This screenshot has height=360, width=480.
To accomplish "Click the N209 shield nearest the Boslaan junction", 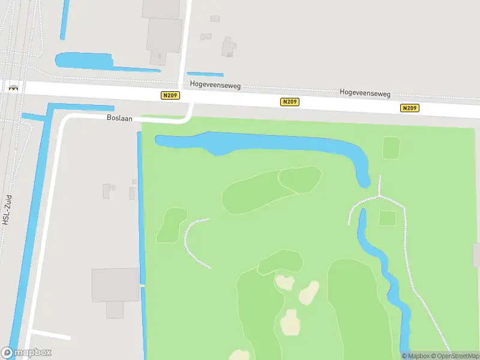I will [170, 95].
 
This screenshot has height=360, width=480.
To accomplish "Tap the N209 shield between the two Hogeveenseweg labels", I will [289, 102].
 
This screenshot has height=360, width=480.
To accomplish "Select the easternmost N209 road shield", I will [410, 108].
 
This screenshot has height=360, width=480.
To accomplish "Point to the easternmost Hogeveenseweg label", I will [365, 93].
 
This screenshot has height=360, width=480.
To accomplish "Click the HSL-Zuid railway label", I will [8, 208].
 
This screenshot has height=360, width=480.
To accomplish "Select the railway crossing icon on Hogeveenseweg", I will [13, 88].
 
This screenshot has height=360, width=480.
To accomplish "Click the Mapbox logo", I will [26, 353].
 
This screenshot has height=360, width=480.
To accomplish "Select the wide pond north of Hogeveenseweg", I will [83, 60].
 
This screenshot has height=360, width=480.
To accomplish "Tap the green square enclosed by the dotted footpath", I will [388, 218].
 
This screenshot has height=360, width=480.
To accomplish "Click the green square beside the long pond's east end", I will [391, 148].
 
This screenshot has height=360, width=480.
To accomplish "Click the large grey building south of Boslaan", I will [115, 285].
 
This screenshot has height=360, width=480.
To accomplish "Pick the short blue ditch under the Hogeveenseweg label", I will [205, 74].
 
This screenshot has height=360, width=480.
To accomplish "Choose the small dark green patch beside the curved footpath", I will [172, 225].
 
